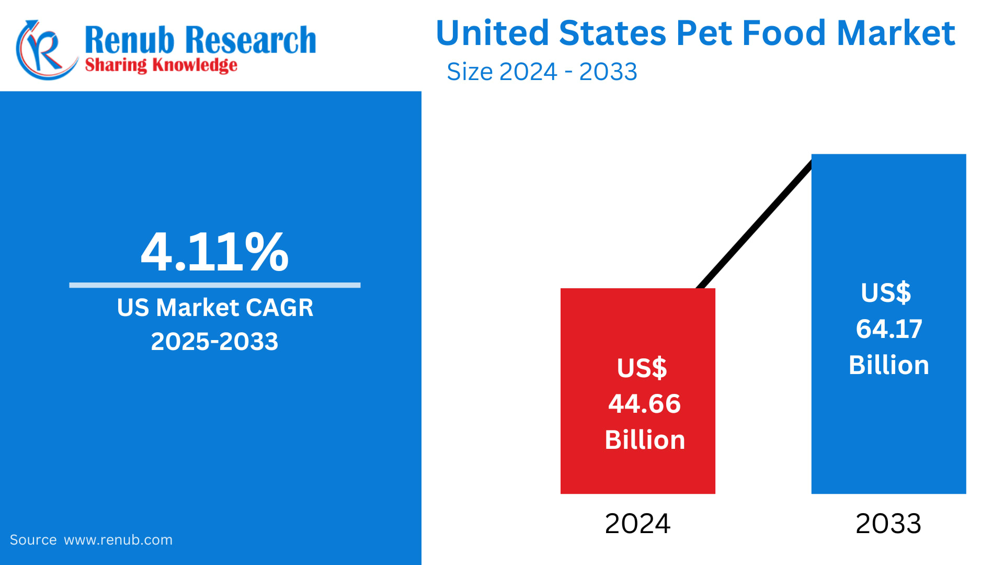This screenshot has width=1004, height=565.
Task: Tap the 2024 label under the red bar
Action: (x=637, y=524)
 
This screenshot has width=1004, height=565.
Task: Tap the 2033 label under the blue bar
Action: (x=888, y=524)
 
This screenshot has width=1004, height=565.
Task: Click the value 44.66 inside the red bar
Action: (x=644, y=404)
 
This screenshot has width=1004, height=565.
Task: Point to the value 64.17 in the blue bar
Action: (x=888, y=329)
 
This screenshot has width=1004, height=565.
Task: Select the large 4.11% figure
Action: (x=214, y=252)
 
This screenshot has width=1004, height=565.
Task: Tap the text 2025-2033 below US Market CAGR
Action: (x=214, y=342)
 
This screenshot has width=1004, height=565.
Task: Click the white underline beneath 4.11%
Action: (x=214, y=285)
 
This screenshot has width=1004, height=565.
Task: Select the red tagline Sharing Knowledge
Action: (x=161, y=65)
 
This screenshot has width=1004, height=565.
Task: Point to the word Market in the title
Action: (x=896, y=33)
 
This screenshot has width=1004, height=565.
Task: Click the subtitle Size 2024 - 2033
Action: (x=542, y=72)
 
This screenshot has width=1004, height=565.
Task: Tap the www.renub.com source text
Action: (x=118, y=540)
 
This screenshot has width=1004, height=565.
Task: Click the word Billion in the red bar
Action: (x=645, y=440)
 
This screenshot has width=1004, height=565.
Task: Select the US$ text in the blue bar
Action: (x=886, y=292)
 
